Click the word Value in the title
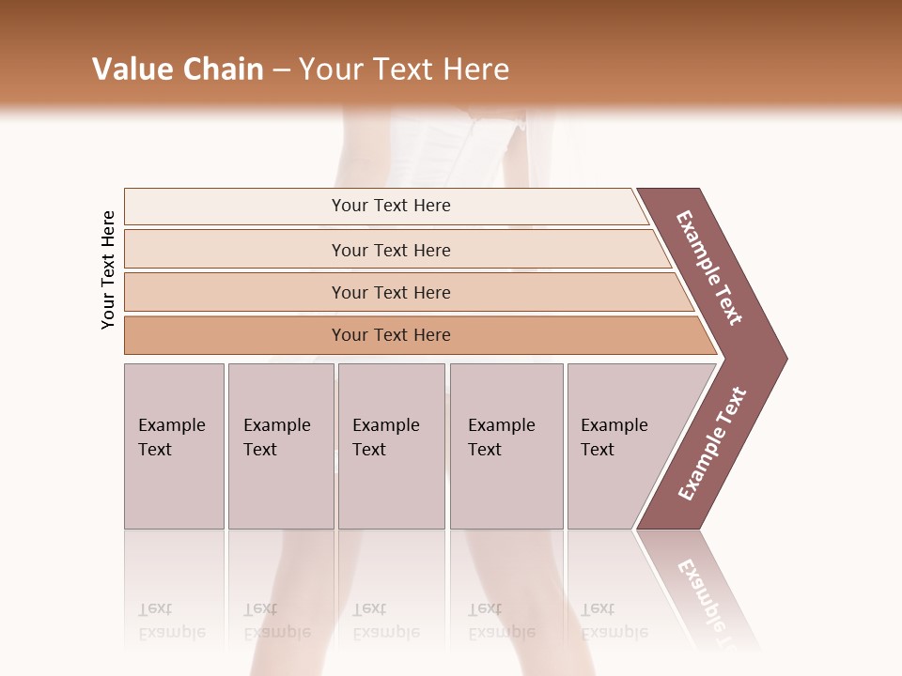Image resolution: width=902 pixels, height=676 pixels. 130,69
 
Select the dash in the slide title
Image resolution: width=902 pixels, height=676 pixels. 281,70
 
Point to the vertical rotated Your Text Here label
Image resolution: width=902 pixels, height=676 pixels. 108,269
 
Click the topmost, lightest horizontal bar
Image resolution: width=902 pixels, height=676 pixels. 390,206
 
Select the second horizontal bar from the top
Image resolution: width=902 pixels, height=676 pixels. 390,250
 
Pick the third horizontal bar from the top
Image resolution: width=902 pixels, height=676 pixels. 390,292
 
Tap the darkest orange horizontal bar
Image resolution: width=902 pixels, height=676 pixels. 390,335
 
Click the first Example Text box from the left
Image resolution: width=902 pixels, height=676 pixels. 174,446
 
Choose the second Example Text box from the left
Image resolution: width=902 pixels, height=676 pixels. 280,446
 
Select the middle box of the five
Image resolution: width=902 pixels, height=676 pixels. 391,446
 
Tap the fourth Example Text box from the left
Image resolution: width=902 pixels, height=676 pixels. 505,446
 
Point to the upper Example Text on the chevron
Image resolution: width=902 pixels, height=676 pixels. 710,268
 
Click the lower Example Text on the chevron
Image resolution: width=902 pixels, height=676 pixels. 712,443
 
